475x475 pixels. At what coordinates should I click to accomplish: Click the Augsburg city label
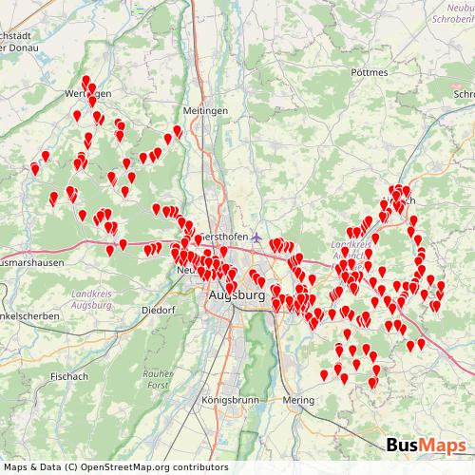coord(236,297)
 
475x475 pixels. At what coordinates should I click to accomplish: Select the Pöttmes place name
coord(369,72)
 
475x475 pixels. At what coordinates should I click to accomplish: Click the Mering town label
coord(298,400)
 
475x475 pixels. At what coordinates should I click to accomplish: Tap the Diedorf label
coord(159,310)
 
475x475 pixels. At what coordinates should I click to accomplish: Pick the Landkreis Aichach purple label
coord(353,250)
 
